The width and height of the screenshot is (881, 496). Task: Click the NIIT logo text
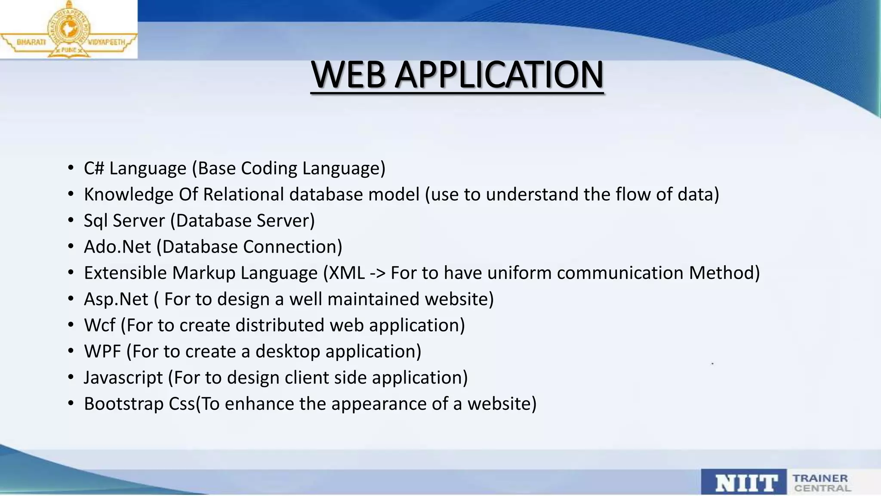746,483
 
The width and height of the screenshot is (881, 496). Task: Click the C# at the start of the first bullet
94,168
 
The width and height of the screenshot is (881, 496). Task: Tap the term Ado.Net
117,247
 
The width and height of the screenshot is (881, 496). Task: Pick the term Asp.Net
116,299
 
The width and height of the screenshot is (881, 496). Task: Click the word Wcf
99,325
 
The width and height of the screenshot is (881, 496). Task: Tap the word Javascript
123,378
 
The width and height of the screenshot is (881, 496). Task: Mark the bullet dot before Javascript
71,378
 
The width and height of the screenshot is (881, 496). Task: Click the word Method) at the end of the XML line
724,273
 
